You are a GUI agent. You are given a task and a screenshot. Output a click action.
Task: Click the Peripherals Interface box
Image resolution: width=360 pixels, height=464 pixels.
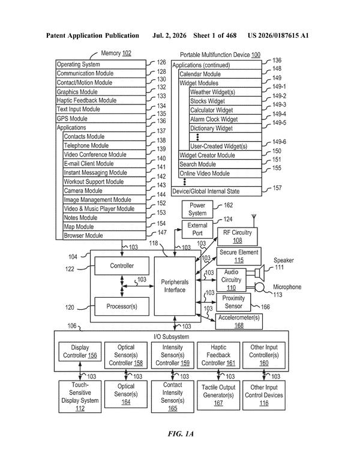[175, 286]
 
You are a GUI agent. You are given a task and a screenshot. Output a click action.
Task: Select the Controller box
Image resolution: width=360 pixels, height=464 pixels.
[122, 266]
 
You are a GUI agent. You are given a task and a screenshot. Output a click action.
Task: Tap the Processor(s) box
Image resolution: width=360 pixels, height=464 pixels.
[122, 307]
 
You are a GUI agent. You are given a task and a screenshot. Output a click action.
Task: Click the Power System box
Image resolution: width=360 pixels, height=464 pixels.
[197, 209]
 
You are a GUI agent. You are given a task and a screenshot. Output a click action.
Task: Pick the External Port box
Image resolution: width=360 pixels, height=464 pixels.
[197, 229]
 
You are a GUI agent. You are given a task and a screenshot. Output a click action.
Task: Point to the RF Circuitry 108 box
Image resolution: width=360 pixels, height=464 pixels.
[238, 237]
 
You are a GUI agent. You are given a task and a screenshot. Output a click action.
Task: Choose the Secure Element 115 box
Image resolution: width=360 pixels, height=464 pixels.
[239, 256]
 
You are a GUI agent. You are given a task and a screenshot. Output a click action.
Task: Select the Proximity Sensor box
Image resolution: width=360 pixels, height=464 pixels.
[233, 302]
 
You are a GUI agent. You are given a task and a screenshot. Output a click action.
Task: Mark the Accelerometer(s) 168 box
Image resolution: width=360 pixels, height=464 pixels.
[239, 322]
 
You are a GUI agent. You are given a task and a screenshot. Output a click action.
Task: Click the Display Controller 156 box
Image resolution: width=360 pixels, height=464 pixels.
[80, 352]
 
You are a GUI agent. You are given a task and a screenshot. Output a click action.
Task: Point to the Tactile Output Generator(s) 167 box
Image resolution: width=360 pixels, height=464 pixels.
[218, 396]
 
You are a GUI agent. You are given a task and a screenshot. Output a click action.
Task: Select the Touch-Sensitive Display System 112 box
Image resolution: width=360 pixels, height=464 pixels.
[80, 397]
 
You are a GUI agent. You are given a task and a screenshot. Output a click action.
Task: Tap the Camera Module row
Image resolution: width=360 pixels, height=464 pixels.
[105, 190]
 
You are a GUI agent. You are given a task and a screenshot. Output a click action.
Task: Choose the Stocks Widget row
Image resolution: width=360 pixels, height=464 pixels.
[226, 101]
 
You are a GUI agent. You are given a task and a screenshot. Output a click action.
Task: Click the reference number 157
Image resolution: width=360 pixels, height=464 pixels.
[277, 188]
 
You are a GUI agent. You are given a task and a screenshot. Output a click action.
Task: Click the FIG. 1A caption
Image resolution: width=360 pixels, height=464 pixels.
[181, 434]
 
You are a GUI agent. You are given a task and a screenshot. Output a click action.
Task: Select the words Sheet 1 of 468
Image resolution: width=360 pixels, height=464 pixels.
[215, 36]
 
